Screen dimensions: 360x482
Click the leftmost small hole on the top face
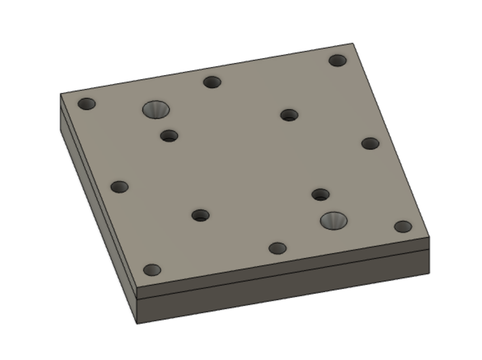pos(87,104)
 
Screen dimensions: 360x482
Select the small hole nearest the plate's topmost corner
pos(337,61)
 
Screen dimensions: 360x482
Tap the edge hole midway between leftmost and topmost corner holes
pos(212,82)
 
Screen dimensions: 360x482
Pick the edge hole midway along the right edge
pos(370,143)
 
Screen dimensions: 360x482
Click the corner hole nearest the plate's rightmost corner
pos(403,227)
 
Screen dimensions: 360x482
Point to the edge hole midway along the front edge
pos(277,248)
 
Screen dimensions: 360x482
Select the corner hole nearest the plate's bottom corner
pos(152,269)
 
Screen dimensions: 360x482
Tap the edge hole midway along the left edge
pos(119,186)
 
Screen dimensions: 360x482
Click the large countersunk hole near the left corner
pos(156,109)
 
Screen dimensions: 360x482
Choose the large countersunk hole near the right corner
pos(334,220)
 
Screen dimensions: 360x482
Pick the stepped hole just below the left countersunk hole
pos(169,136)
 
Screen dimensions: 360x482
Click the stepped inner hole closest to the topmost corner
pos(289,115)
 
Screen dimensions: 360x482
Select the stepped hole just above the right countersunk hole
pos(320,195)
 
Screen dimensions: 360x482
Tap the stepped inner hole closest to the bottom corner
pos(201,215)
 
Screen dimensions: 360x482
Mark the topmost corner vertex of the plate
pos(353,43)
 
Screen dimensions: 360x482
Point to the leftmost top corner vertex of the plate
pos(60,94)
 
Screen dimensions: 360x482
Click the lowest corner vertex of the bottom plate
pos(137,324)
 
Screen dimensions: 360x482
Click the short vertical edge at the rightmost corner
pos(429,255)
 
